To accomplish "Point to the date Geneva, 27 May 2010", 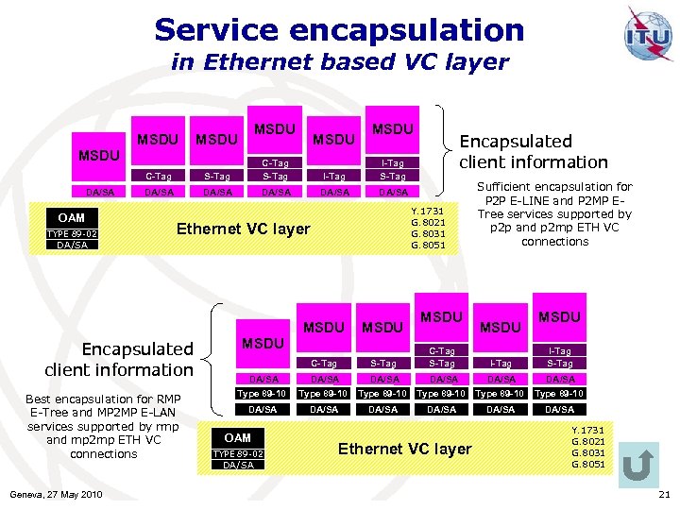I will (55, 495).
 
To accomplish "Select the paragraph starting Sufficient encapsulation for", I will (554, 213).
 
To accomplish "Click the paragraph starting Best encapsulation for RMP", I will (104, 426).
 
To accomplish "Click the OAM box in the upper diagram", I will (71, 218).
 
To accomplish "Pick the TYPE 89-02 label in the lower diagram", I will (238, 454).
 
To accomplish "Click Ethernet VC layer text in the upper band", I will (244, 229).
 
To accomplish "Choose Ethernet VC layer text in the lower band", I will (404, 449).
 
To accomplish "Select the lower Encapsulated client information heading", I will (119, 359).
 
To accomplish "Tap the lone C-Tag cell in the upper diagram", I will (158, 176).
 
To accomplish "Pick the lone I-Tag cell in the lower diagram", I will (501, 364).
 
